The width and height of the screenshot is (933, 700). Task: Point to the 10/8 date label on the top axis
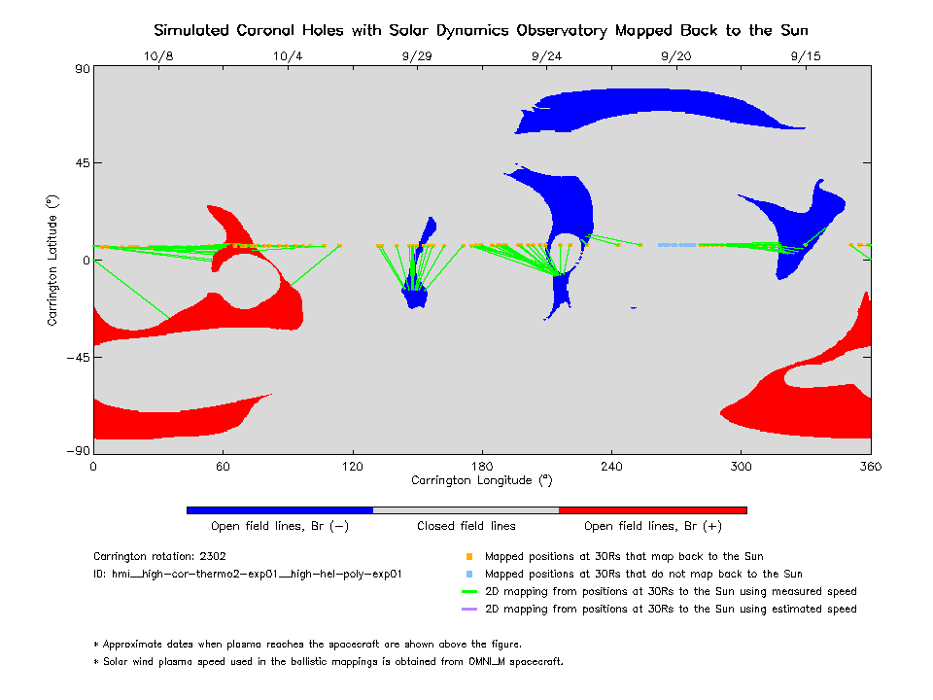[158, 56]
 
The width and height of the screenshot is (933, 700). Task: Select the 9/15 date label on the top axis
[806, 56]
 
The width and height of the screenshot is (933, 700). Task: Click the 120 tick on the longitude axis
[352, 466]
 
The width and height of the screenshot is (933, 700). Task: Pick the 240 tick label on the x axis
[611, 466]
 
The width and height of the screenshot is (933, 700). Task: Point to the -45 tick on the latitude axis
[76, 357]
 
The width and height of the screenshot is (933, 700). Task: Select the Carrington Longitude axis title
[481, 480]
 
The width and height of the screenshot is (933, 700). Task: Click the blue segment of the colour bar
[280, 509]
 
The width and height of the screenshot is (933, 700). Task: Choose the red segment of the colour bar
[652, 509]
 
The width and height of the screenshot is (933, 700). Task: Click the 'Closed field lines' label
[466, 526]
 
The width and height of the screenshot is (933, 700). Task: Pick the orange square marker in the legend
[469, 557]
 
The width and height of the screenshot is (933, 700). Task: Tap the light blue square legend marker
[469, 575]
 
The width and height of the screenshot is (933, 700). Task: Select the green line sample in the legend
[469, 592]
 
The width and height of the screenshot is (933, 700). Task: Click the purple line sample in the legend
[469, 610]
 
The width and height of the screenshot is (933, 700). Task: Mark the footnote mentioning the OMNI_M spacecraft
[328, 662]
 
